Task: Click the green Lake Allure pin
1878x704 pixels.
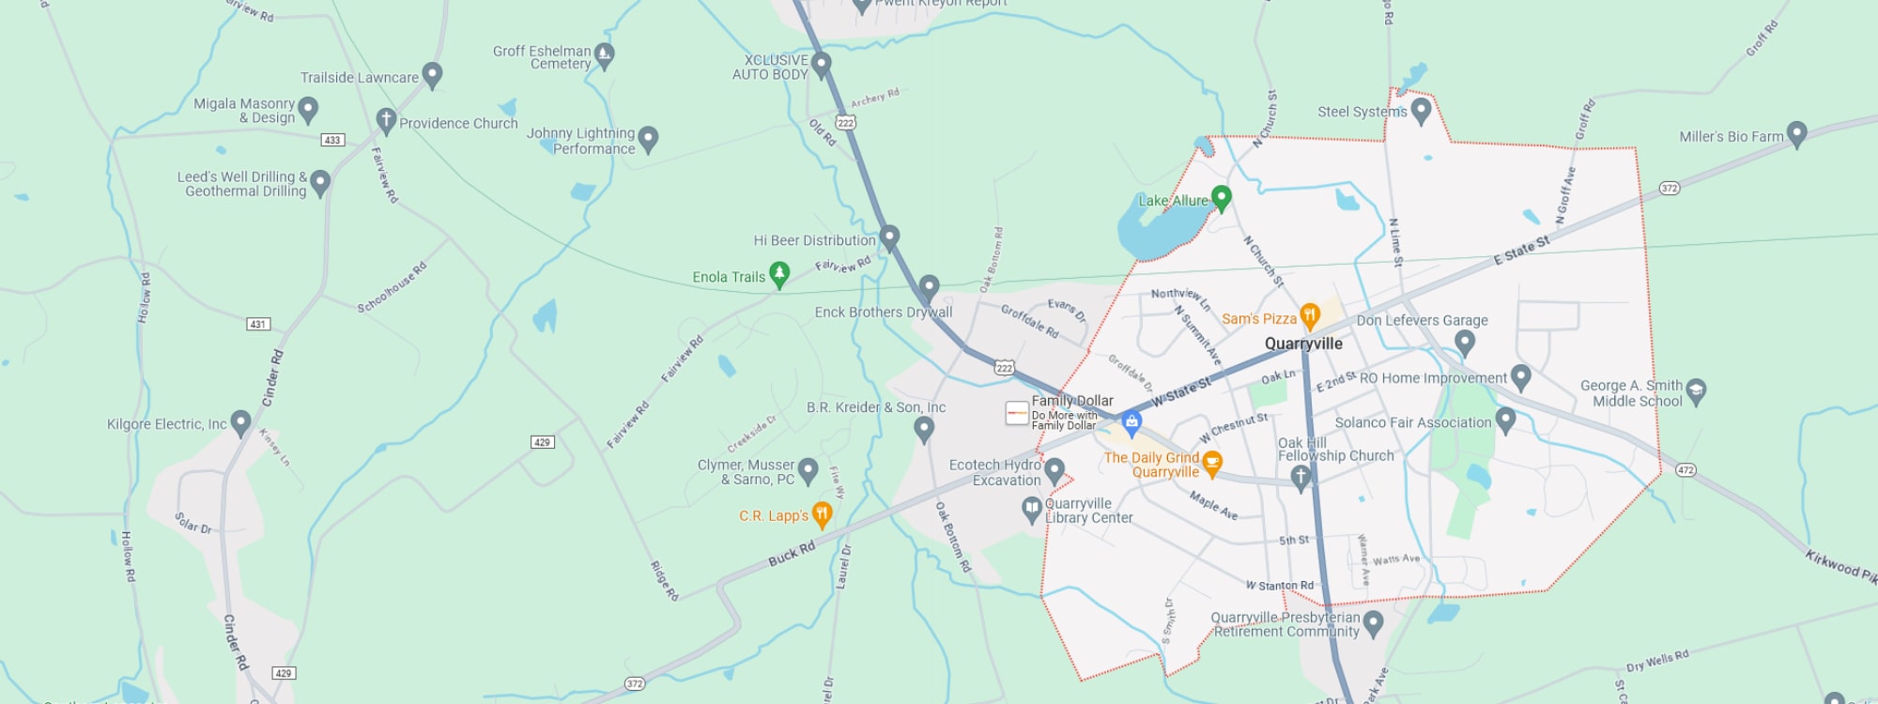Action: (x=1221, y=197)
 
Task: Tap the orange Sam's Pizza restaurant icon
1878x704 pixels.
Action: (x=1310, y=316)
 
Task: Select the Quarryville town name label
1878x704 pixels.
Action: (x=1303, y=344)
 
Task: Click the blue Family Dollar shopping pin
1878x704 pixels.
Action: (x=1132, y=423)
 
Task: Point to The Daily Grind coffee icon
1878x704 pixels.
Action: (x=1212, y=462)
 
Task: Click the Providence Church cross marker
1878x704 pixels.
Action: (x=385, y=120)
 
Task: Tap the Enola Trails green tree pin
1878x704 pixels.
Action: (x=778, y=274)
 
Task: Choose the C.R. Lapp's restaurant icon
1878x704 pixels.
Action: (x=822, y=513)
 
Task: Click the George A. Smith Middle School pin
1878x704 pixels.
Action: (x=1696, y=390)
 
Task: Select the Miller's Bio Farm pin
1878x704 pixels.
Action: (x=1796, y=133)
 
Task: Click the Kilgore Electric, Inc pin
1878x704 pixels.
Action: (x=240, y=422)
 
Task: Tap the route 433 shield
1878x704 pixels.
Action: (x=332, y=140)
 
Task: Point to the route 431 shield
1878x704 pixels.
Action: (x=258, y=324)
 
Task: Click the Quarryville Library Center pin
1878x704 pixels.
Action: (x=1032, y=509)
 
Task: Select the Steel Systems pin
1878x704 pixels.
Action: (x=1421, y=110)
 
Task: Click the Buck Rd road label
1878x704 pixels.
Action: (x=792, y=554)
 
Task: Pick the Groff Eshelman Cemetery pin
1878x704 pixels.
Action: (x=605, y=55)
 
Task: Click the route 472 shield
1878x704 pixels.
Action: (x=1686, y=469)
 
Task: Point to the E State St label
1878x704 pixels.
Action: (x=1521, y=251)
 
